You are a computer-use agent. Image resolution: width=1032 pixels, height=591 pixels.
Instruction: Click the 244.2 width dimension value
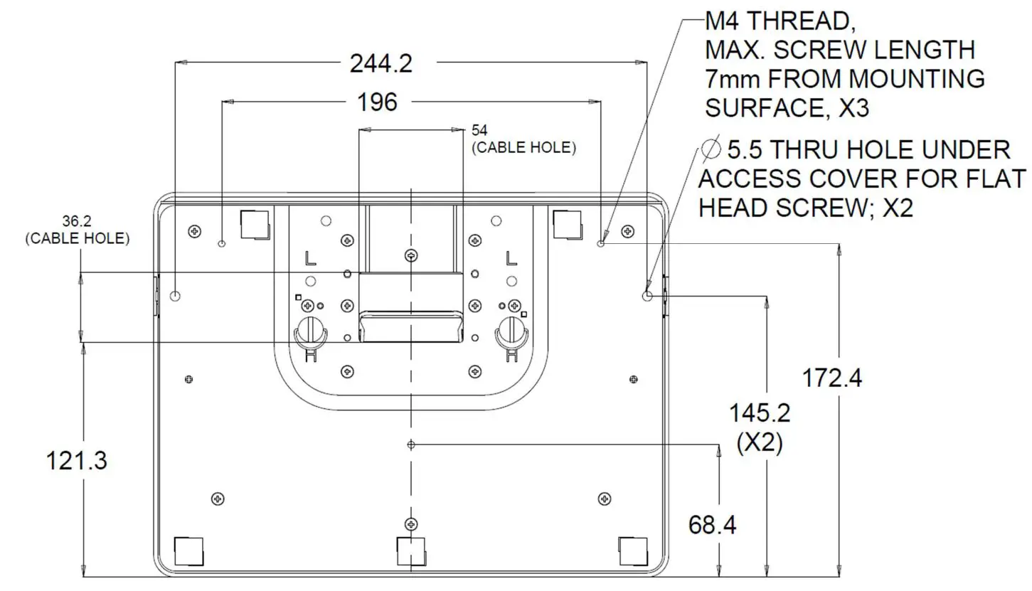381,64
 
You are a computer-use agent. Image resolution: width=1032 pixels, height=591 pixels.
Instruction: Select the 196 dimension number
377,102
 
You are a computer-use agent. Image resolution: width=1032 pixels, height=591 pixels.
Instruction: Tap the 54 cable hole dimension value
479,130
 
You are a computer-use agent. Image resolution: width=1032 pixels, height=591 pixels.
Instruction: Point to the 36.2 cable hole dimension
77,222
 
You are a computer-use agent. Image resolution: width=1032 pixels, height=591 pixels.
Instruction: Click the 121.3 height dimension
76,461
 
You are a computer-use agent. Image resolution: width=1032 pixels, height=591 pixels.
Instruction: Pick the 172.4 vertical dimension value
831,378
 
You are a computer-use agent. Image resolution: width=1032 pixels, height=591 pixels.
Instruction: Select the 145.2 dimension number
760,412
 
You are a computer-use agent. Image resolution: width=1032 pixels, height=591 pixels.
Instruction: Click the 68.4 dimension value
712,525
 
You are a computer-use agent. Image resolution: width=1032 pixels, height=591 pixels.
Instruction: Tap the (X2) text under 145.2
760,443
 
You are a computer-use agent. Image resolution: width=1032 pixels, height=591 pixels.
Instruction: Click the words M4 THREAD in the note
780,21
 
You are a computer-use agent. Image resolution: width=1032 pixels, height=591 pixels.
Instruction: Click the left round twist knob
309,329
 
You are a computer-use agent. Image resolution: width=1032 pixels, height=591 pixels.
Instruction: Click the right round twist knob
512,329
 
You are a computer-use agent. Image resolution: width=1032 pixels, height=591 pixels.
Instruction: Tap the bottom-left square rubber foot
188,549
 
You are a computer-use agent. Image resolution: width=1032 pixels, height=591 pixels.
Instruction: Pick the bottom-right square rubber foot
632,549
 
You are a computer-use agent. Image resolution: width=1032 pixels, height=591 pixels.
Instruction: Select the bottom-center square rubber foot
410,549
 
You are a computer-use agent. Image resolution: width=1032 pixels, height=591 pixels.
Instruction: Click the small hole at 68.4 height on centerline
410,444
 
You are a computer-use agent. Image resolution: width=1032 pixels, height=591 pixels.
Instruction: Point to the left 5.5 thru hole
176,296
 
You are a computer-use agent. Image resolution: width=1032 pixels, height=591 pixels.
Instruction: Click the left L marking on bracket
309,257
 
